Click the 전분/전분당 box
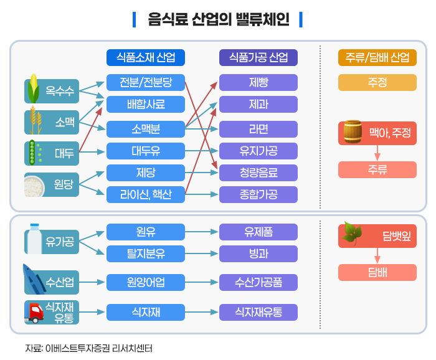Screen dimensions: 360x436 pos(146,82)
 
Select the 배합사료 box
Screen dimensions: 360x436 pos(146,104)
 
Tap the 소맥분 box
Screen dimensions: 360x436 pos(146,130)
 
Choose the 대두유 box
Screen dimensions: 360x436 pos(146,151)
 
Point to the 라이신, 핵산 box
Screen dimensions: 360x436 pos(146,195)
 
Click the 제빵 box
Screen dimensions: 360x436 pos(258,82)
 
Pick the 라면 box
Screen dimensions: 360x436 pos(258,130)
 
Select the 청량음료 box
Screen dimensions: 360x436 pos(258,173)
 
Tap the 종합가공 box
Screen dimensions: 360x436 pos(258,195)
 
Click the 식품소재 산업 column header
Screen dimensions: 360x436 pos(146,58)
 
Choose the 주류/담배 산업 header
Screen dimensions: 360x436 pos(377,58)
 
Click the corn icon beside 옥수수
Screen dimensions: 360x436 pos(34,90)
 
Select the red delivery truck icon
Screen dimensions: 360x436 pos(34,311)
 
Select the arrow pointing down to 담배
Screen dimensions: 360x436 pos(377,255)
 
